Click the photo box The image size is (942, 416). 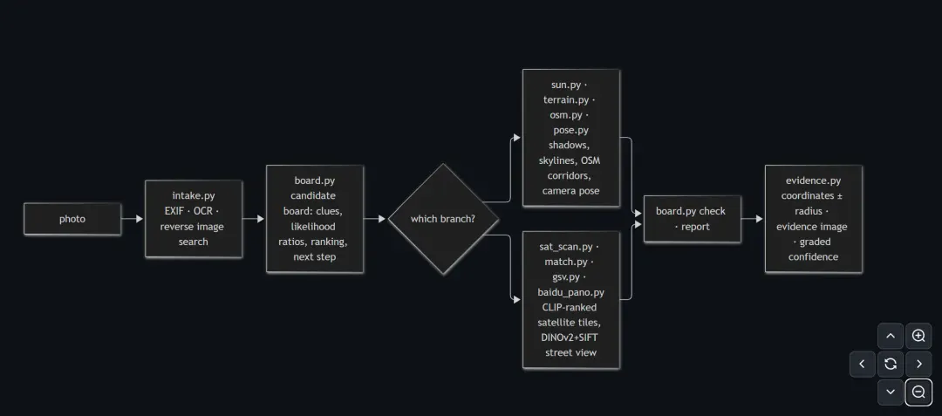[72, 219]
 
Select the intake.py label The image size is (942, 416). [194, 195]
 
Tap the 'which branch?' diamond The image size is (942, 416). [443, 219]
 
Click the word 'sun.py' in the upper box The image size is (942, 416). [566, 85]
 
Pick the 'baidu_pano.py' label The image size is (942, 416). [570, 292]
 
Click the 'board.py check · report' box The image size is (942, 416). [692, 219]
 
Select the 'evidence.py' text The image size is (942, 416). [813, 181]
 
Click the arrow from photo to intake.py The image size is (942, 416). [133, 219]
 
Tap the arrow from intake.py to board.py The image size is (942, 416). [254, 219]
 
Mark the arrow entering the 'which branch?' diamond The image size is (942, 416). [375, 219]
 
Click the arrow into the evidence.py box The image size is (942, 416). [752, 219]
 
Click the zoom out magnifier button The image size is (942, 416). [918, 392]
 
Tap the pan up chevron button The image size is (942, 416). [891, 336]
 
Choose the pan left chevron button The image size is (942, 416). [863, 364]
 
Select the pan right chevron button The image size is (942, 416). [918, 364]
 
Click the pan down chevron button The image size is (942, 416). [891, 392]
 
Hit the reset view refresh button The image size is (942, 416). [891, 364]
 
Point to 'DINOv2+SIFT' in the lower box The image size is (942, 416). [570, 338]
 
